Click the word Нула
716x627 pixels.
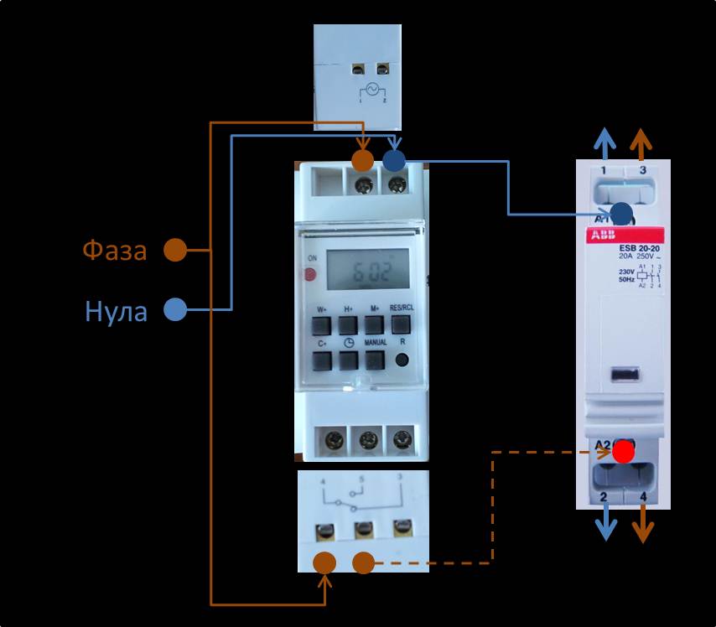pos(117,311)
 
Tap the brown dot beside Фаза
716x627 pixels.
pos(174,250)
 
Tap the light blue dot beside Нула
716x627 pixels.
pos(174,309)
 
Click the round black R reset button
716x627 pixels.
pos(402,361)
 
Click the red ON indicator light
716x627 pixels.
pos(310,273)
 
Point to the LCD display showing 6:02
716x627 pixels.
pos(367,269)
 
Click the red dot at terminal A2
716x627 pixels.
pos(622,453)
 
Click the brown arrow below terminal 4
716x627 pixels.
pos(642,526)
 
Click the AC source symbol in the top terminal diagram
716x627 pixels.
pos(370,91)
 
